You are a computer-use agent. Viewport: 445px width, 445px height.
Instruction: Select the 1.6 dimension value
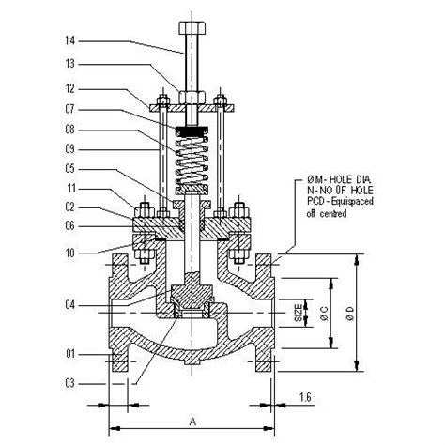tap(307, 399)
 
